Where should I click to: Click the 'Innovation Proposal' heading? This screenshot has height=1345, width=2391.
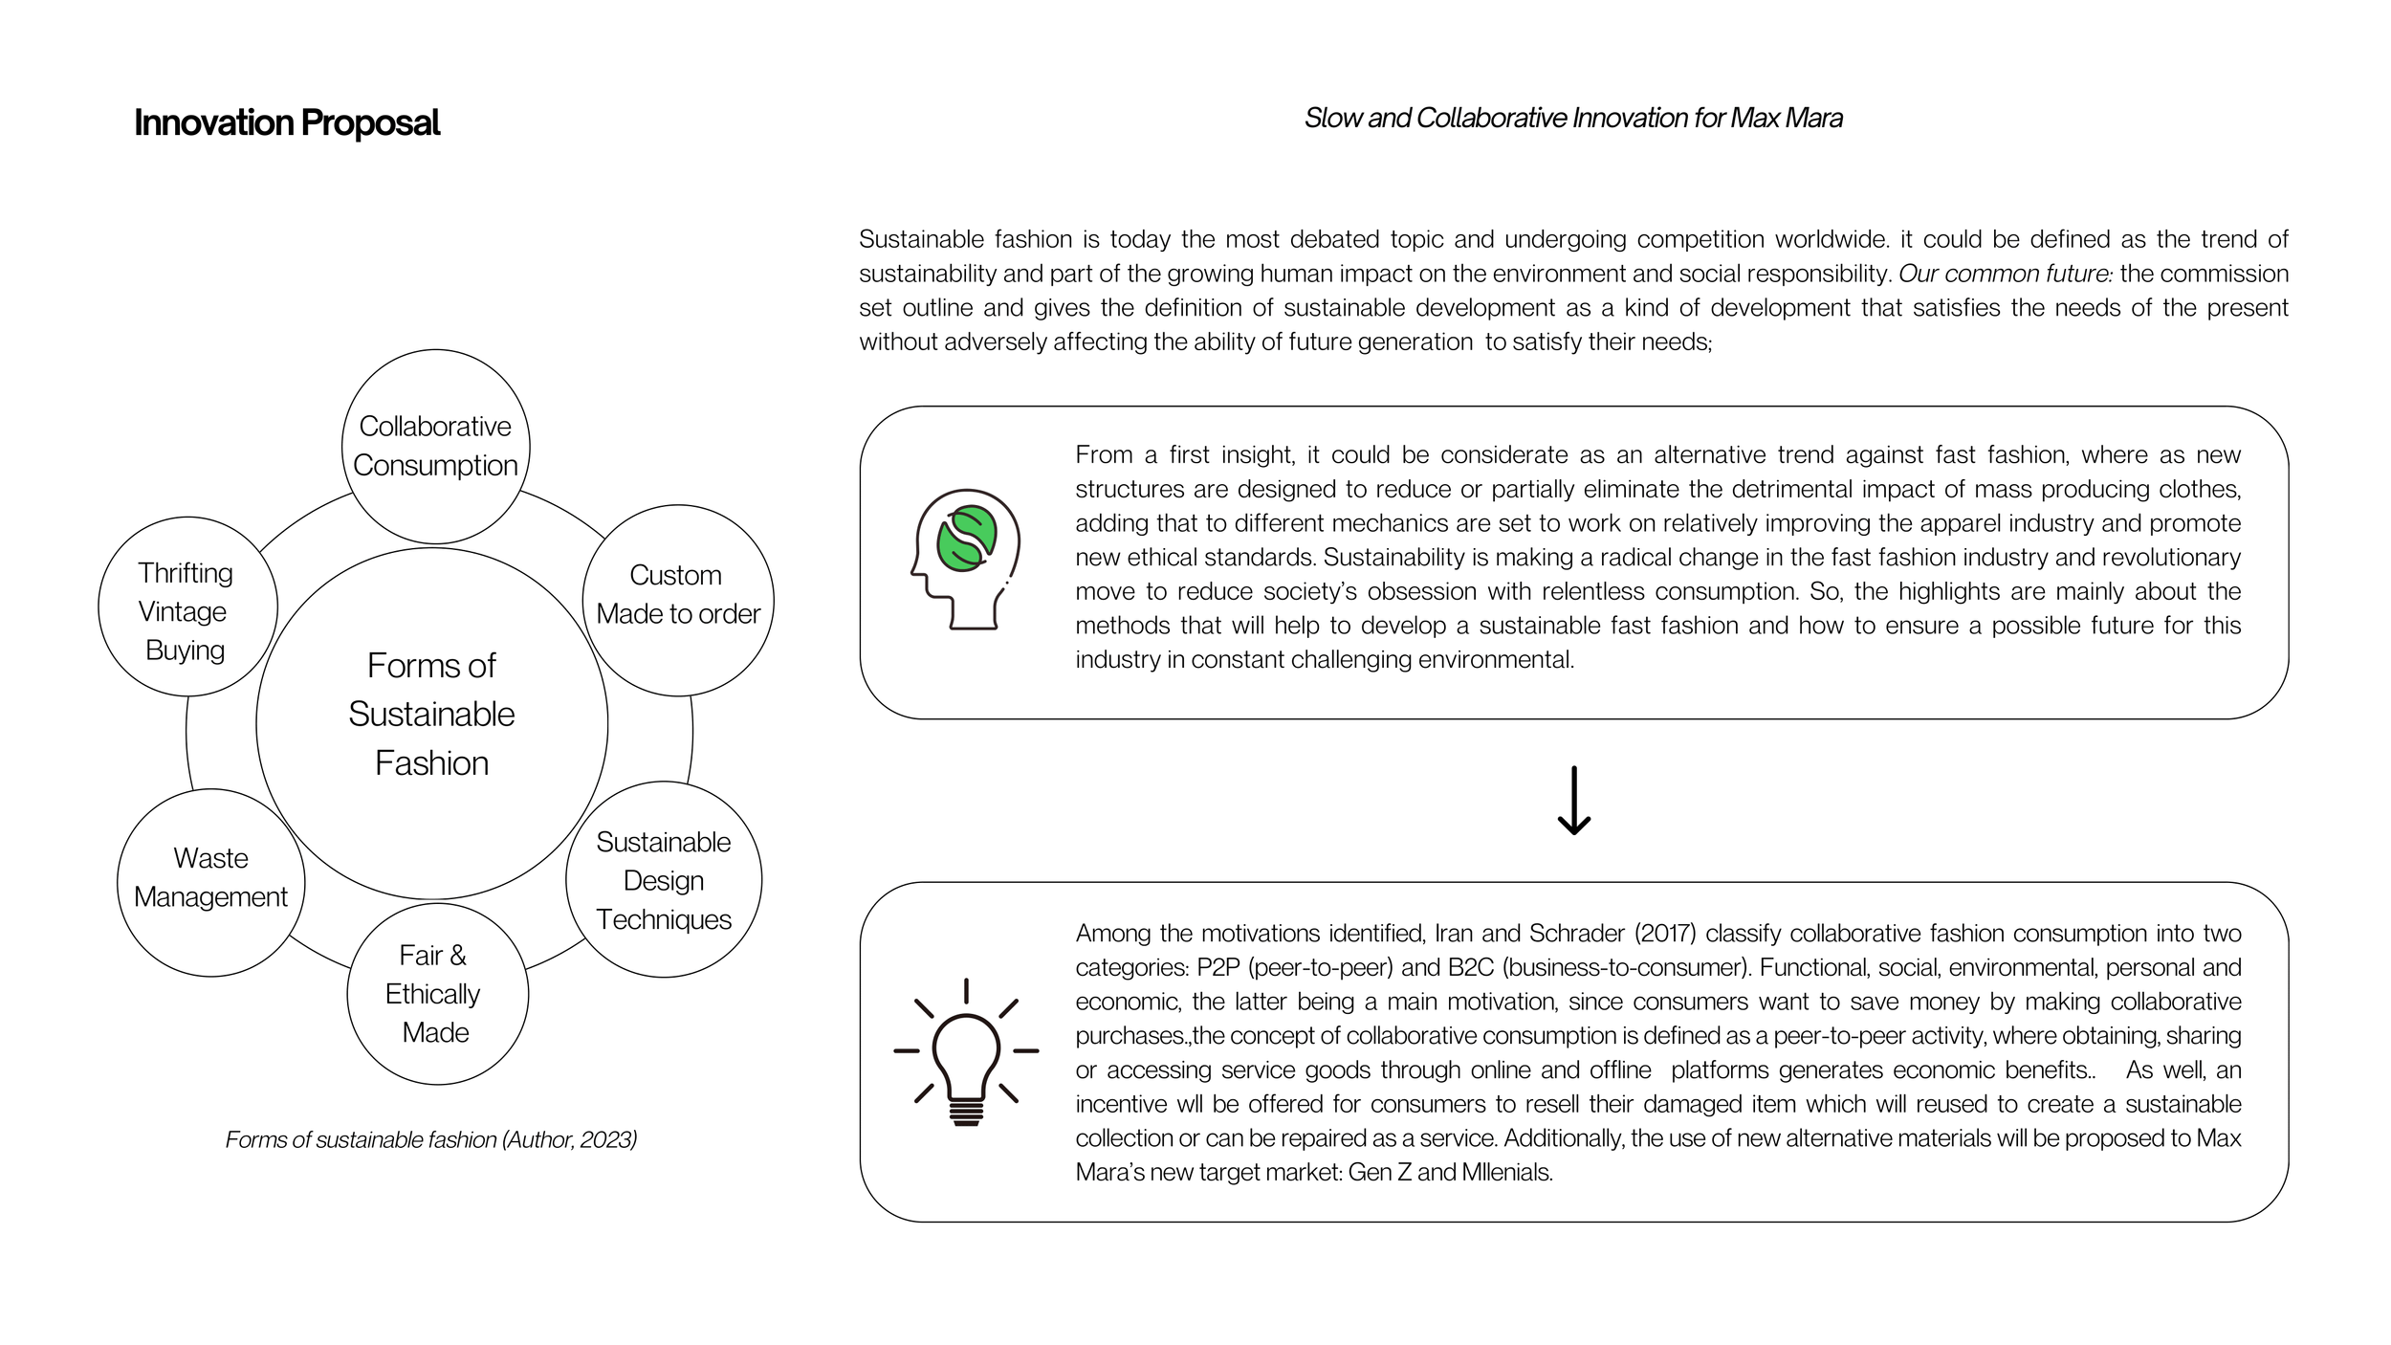point(287,123)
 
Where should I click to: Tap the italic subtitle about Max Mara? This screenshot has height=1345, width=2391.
point(1573,118)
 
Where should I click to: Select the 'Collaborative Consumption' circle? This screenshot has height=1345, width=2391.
point(435,446)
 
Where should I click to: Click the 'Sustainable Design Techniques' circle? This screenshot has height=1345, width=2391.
point(664,880)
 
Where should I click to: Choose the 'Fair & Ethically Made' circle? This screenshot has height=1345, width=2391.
point(436,994)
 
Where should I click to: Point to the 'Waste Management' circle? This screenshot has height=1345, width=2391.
point(210,878)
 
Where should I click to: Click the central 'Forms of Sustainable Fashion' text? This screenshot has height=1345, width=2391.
point(431,714)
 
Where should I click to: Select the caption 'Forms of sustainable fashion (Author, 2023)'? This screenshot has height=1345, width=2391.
point(430,1139)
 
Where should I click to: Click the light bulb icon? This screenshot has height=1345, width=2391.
point(966,1052)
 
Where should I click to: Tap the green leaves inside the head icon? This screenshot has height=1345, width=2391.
point(967,539)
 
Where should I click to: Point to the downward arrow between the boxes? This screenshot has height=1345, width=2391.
point(1573,801)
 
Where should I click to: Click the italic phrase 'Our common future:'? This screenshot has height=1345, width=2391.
point(2006,274)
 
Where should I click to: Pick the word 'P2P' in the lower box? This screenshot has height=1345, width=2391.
point(1217,967)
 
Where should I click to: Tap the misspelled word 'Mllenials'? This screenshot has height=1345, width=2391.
point(1506,1172)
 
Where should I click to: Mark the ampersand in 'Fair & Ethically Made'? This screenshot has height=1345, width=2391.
point(458,955)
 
